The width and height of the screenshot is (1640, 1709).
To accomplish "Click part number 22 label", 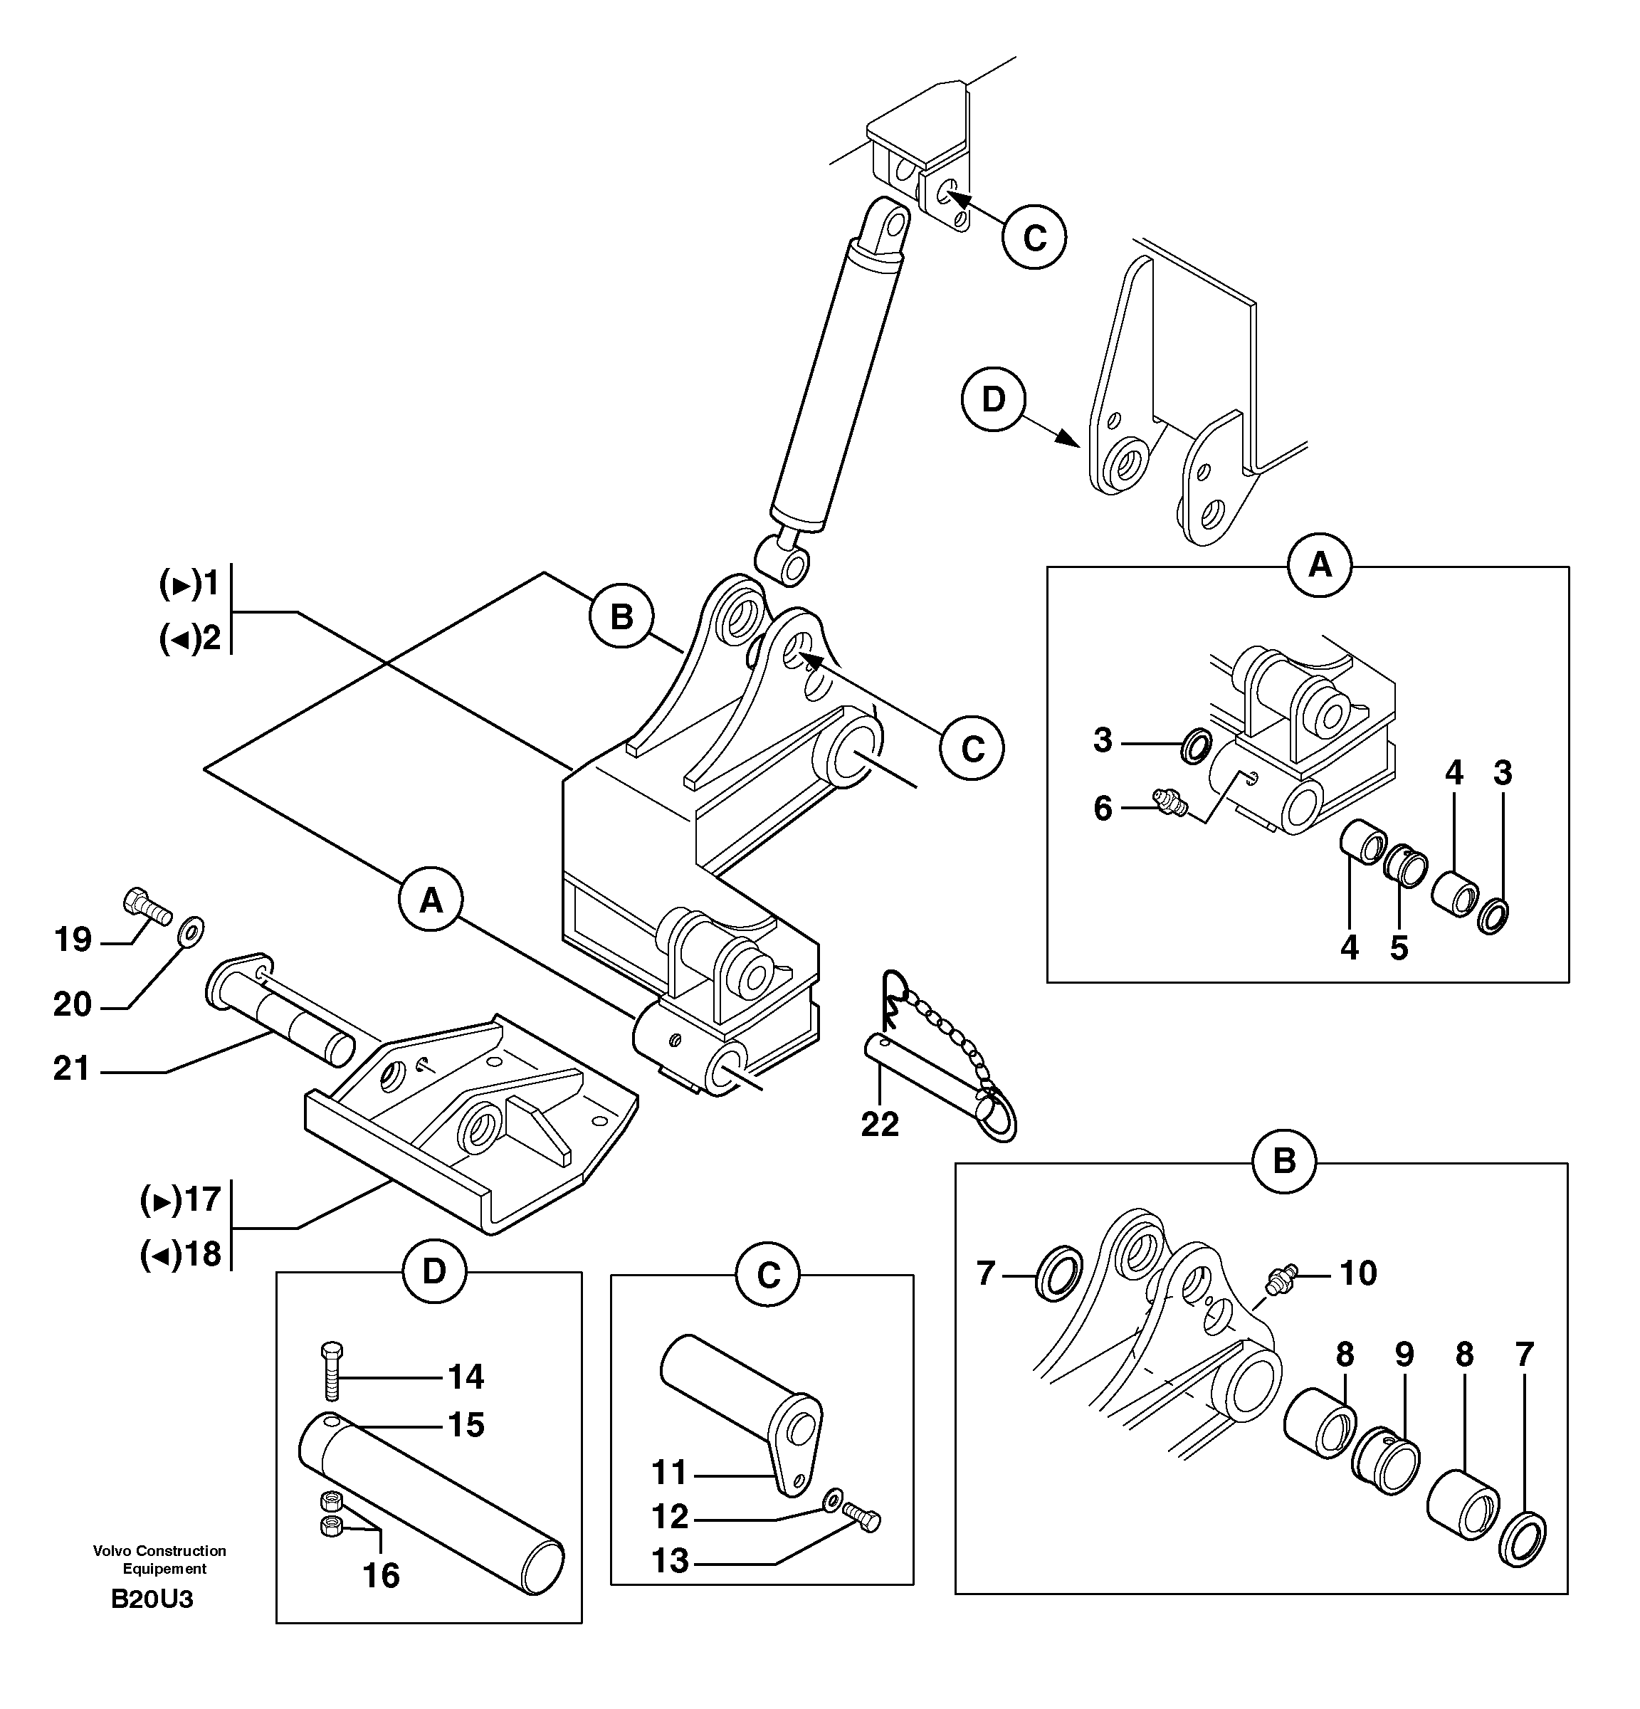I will [x=879, y=1124].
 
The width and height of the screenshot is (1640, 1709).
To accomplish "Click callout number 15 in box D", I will [x=466, y=1425].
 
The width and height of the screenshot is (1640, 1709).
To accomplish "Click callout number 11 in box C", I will [x=670, y=1473].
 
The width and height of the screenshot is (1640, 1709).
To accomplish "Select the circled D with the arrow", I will [x=993, y=399].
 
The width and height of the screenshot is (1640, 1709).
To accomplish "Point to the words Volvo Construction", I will [x=159, y=1551].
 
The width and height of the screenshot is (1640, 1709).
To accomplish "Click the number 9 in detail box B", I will [x=1404, y=1354].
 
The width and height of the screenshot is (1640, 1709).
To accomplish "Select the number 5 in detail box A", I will [x=1399, y=947].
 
